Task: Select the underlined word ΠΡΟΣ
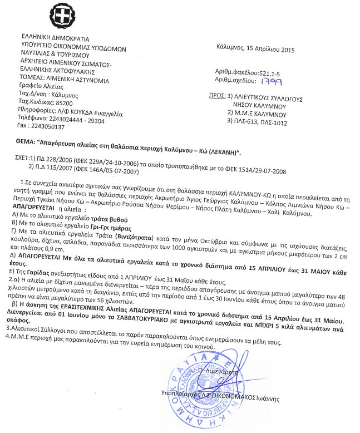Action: tap(213, 96)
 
